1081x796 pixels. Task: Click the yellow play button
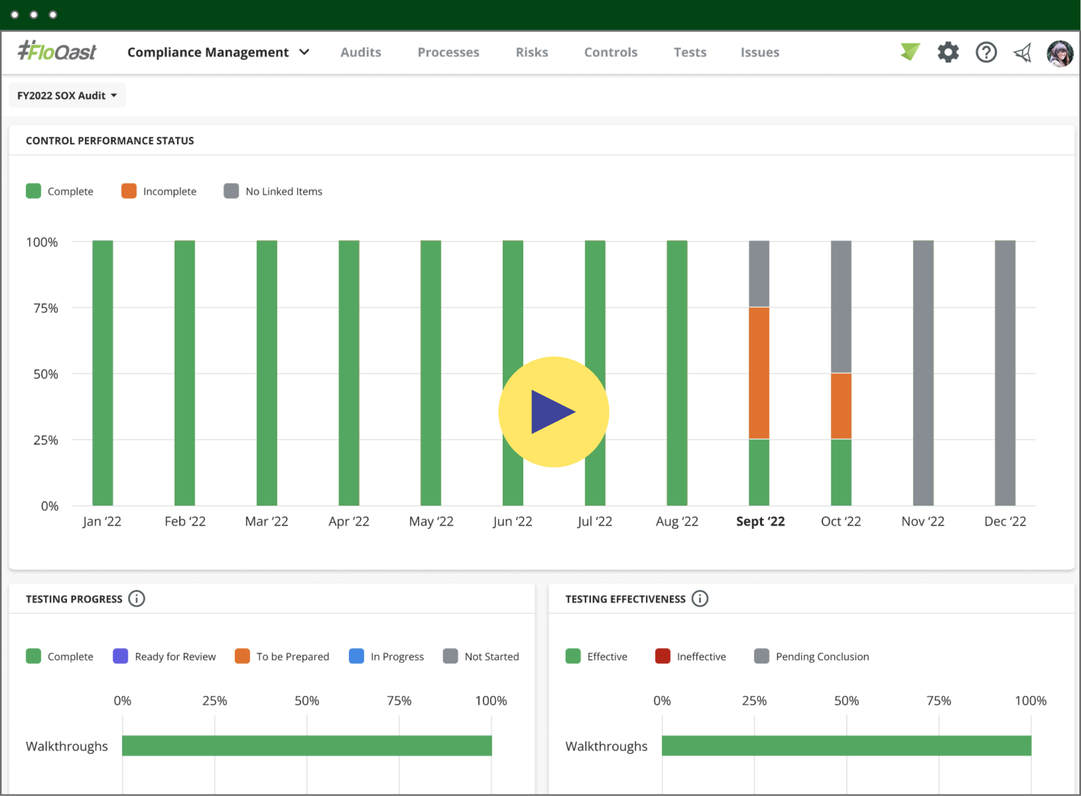click(553, 412)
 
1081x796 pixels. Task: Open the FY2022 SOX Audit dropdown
click(67, 96)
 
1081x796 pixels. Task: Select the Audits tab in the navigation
click(360, 52)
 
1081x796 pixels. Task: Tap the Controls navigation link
click(611, 52)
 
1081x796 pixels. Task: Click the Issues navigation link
click(759, 52)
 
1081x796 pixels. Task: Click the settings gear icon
click(948, 52)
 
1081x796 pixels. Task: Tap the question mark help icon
click(986, 52)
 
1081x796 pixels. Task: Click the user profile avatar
click(1060, 53)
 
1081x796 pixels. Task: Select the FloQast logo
click(57, 52)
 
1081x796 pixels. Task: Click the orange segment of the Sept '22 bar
click(759, 373)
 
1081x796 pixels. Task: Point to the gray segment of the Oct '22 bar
click(841, 307)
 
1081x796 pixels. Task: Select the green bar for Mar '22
click(267, 373)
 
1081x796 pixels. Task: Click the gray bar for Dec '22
click(1005, 373)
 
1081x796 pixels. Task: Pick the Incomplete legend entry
click(159, 191)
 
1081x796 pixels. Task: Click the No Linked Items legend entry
click(273, 191)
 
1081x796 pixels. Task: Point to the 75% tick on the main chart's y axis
click(46, 308)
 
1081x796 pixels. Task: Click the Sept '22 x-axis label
click(760, 521)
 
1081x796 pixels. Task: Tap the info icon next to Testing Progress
click(136, 599)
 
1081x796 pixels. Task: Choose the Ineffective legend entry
click(690, 656)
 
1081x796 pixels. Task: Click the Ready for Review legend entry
click(164, 656)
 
